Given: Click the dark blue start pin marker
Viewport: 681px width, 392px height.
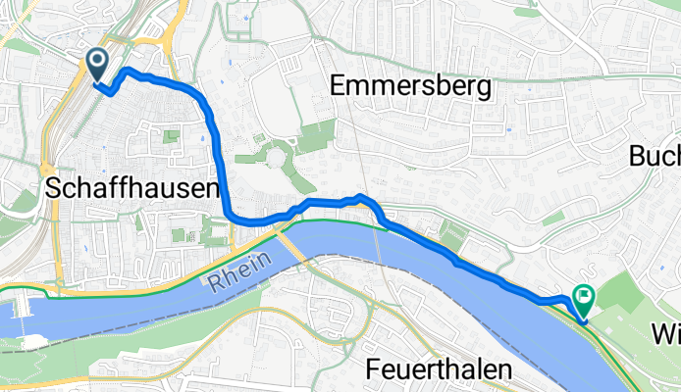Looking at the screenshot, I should (x=98, y=65).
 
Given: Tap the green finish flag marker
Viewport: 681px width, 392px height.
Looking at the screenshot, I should (x=585, y=294).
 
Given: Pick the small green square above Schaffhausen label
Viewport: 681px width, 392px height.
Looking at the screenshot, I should (x=173, y=136).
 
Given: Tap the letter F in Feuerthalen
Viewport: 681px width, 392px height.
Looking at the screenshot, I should (x=374, y=368).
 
